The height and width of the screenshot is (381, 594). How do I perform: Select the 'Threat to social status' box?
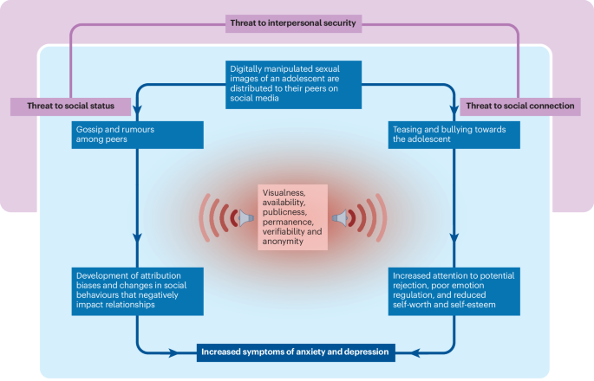click(x=69, y=106)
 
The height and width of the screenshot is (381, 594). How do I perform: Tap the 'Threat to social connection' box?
click(x=520, y=106)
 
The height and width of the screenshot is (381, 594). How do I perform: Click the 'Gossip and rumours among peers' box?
click(x=138, y=133)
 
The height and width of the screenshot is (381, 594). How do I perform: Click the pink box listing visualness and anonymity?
click(x=295, y=217)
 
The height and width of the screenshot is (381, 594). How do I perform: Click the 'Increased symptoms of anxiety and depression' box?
click(x=297, y=352)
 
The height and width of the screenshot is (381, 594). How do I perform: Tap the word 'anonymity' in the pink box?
click(x=281, y=242)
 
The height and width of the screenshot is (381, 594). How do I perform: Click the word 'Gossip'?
click(x=90, y=128)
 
